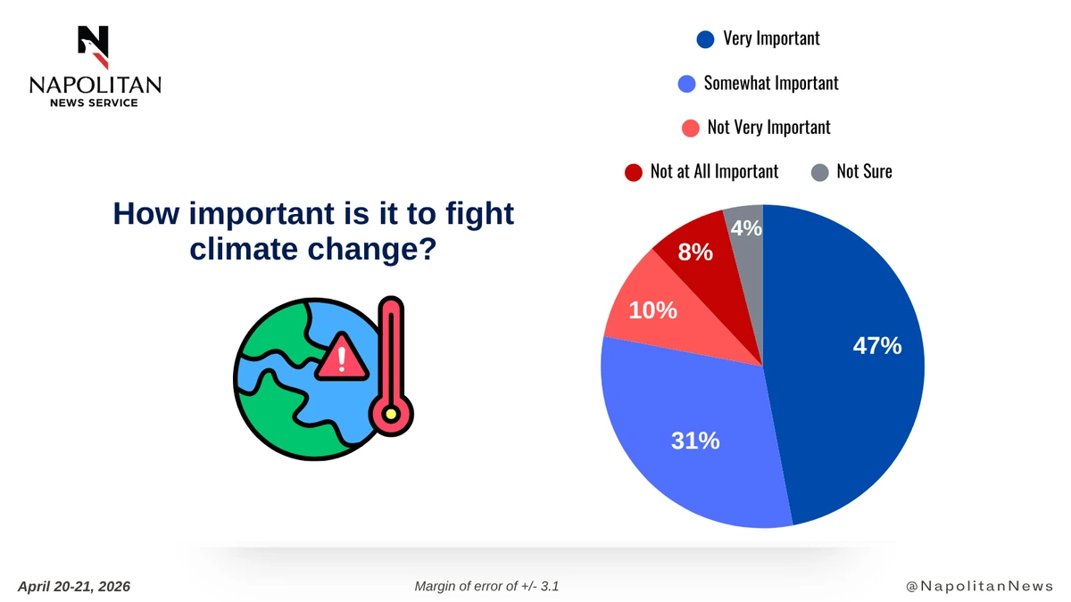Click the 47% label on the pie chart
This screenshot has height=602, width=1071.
tap(877, 346)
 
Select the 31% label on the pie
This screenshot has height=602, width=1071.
tap(695, 441)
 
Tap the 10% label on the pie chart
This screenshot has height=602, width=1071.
tap(652, 310)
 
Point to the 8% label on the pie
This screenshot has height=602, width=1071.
tap(695, 252)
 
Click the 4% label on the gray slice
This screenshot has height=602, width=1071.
tap(746, 228)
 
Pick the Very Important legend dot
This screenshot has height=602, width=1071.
tap(705, 39)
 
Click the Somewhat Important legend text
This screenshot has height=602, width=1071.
tap(771, 83)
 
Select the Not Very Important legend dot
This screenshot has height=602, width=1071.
tap(691, 128)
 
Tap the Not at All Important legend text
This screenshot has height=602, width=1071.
tap(714, 171)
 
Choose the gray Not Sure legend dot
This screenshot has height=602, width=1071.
tap(820, 172)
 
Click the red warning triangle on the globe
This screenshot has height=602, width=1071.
tap(341, 357)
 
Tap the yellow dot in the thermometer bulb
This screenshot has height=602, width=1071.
tap(391, 414)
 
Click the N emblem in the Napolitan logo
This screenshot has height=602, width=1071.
tap(94, 46)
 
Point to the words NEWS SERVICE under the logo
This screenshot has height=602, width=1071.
tap(95, 103)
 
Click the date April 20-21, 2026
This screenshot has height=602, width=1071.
tap(74, 587)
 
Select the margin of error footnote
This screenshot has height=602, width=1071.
tap(486, 586)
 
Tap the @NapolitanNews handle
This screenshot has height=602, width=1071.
tap(980, 586)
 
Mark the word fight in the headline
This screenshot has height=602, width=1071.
tap(479, 213)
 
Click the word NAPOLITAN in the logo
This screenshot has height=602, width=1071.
tap(95, 85)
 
